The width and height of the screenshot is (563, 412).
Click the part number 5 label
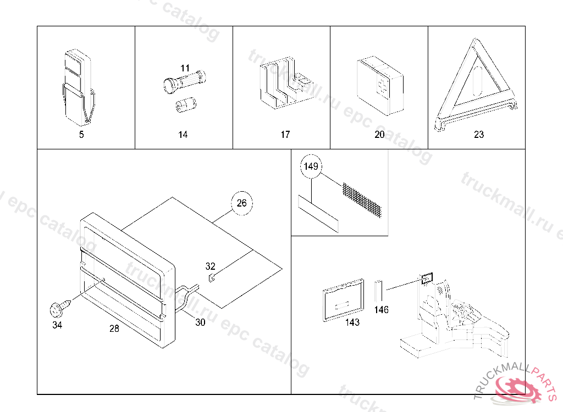point(81,135)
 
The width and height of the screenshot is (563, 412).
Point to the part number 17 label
point(285,135)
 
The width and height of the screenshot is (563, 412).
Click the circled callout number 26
point(242,203)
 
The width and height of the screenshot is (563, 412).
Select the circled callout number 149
point(311,167)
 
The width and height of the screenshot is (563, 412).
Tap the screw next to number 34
point(57,309)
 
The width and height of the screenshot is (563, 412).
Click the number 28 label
point(114,329)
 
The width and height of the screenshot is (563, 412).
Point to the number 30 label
point(200,322)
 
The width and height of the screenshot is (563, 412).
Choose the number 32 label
point(211,266)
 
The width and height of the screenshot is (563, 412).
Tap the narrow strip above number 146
point(378,291)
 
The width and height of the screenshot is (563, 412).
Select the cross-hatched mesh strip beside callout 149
point(362,198)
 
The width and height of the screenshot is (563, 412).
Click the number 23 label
point(479,135)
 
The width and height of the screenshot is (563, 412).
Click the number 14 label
point(183,135)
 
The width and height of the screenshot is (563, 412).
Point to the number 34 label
point(57,325)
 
